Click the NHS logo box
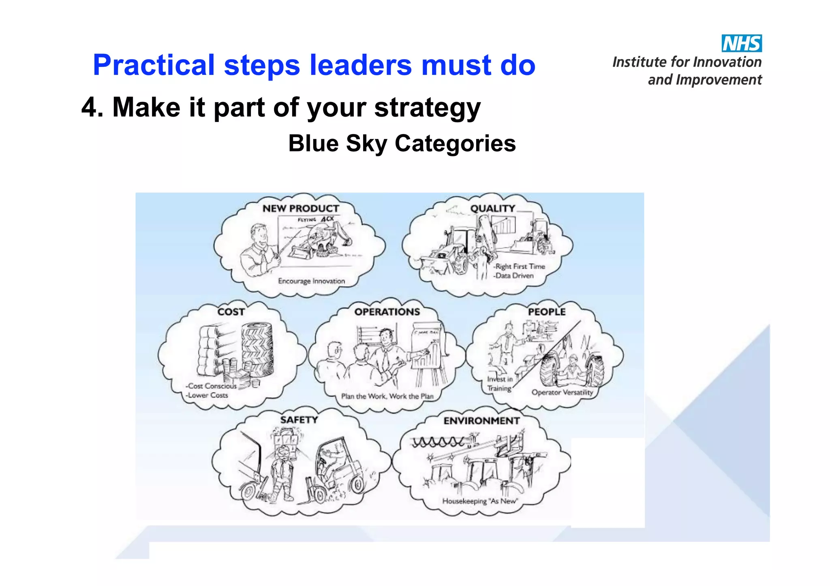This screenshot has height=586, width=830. (741, 43)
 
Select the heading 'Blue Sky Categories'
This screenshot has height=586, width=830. (402, 143)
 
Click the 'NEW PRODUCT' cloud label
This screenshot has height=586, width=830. (301, 209)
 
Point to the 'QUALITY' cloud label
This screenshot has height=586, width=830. (492, 209)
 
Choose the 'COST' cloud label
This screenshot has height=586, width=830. (231, 312)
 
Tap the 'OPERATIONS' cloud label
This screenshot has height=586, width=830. (387, 312)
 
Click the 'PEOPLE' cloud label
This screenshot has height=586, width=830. (546, 312)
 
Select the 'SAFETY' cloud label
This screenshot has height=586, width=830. (299, 420)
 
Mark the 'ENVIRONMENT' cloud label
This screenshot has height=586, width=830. (481, 421)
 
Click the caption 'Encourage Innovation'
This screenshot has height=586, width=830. (311, 281)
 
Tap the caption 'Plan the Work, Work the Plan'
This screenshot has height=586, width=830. (387, 396)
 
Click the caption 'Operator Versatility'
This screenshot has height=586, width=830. (562, 392)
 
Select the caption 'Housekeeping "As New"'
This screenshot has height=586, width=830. (480, 501)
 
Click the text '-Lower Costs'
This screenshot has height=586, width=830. (207, 395)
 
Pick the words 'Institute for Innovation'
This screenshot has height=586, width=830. (687, 62)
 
